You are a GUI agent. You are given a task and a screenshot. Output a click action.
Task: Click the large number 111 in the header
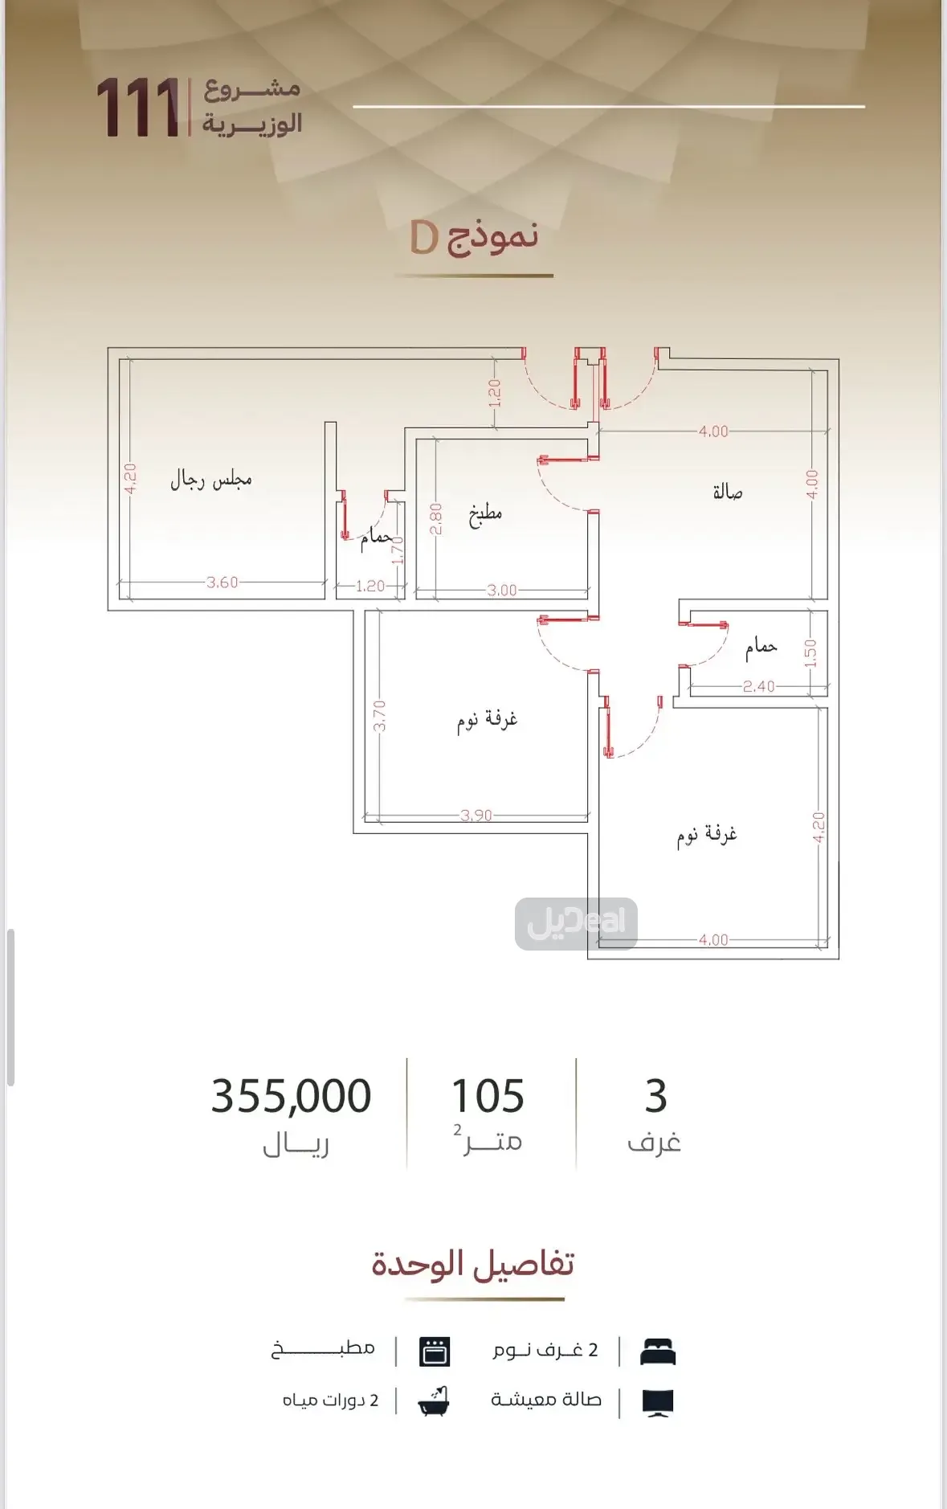[x=138, y=108]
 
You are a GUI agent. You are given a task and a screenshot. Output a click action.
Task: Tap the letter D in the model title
[x=424, y=238]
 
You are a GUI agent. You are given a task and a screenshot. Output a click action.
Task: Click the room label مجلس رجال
[x=210, y=480]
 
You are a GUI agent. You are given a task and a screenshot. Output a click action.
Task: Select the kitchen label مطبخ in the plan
[x=485, y=513]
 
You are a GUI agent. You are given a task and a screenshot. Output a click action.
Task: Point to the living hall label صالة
[x=728, y=492]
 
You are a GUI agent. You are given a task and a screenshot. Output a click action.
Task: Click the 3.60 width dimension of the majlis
[x=222, y=583]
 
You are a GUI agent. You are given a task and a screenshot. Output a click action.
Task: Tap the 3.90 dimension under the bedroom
[x=476, y=816]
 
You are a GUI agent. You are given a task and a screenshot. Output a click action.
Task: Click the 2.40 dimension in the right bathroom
[x=758, y=686]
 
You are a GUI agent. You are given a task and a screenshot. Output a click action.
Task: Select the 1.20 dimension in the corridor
[x=495, y=393]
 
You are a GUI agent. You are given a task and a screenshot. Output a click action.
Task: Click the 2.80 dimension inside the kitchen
[x=436, y=519]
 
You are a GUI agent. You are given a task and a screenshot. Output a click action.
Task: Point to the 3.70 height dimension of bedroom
[x=380, y=715]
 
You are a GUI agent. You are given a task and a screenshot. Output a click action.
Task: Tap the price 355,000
[x=291, y=1096]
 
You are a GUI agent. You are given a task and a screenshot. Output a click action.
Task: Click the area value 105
[x=488, y=1096]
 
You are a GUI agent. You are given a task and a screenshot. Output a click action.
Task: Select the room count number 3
[x=655, y=1096]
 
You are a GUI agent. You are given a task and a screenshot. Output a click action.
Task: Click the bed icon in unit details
[x=658, y=1352]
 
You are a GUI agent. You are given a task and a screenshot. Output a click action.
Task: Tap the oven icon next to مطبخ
[x=435, y=1352]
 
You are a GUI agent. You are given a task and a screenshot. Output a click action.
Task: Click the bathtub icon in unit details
[x=434, y=1401]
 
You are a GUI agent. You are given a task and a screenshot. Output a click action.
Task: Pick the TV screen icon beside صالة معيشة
[x=658, y=1402]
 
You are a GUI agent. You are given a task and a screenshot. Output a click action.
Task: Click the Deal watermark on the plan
[x=576, y=923]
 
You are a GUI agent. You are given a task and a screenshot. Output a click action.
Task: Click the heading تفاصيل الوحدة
[x=473, y=1264]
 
